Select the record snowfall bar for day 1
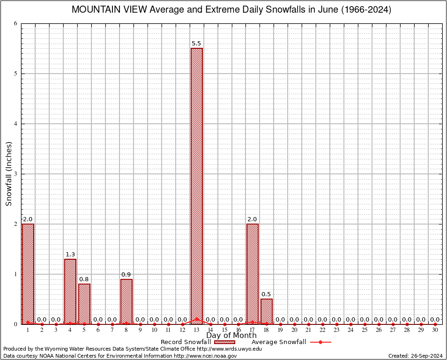[x=28, y=274]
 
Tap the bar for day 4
[x=70, y=291]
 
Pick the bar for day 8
[x=127, y=301]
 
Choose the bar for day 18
[x=267, y=311]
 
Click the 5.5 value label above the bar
[x=196, y=44]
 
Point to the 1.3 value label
[x=70, y=255]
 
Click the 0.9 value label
[x=126, y=275]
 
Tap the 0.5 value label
[x=266, y=294]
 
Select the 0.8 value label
[x=84, y=279]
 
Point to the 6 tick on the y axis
[x=16, y=23]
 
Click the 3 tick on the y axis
[x=16, y=174]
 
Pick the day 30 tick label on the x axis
[x=435, y=330]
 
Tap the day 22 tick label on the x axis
[x=322, y=330]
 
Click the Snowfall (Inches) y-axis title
[x=8, y=173]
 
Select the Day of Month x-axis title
[x=231, y=336]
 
